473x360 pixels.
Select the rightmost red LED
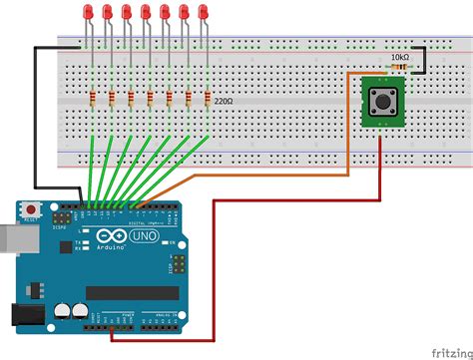coord(207,13)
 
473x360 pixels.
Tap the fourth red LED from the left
coord(146,13)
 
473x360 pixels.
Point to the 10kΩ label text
coord(399,59)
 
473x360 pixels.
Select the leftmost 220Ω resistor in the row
coord(91,98)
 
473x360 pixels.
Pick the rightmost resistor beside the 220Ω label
coord(208,98)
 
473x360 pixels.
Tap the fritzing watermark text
coord(450,351)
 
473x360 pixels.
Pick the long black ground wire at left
coord(36,120)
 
